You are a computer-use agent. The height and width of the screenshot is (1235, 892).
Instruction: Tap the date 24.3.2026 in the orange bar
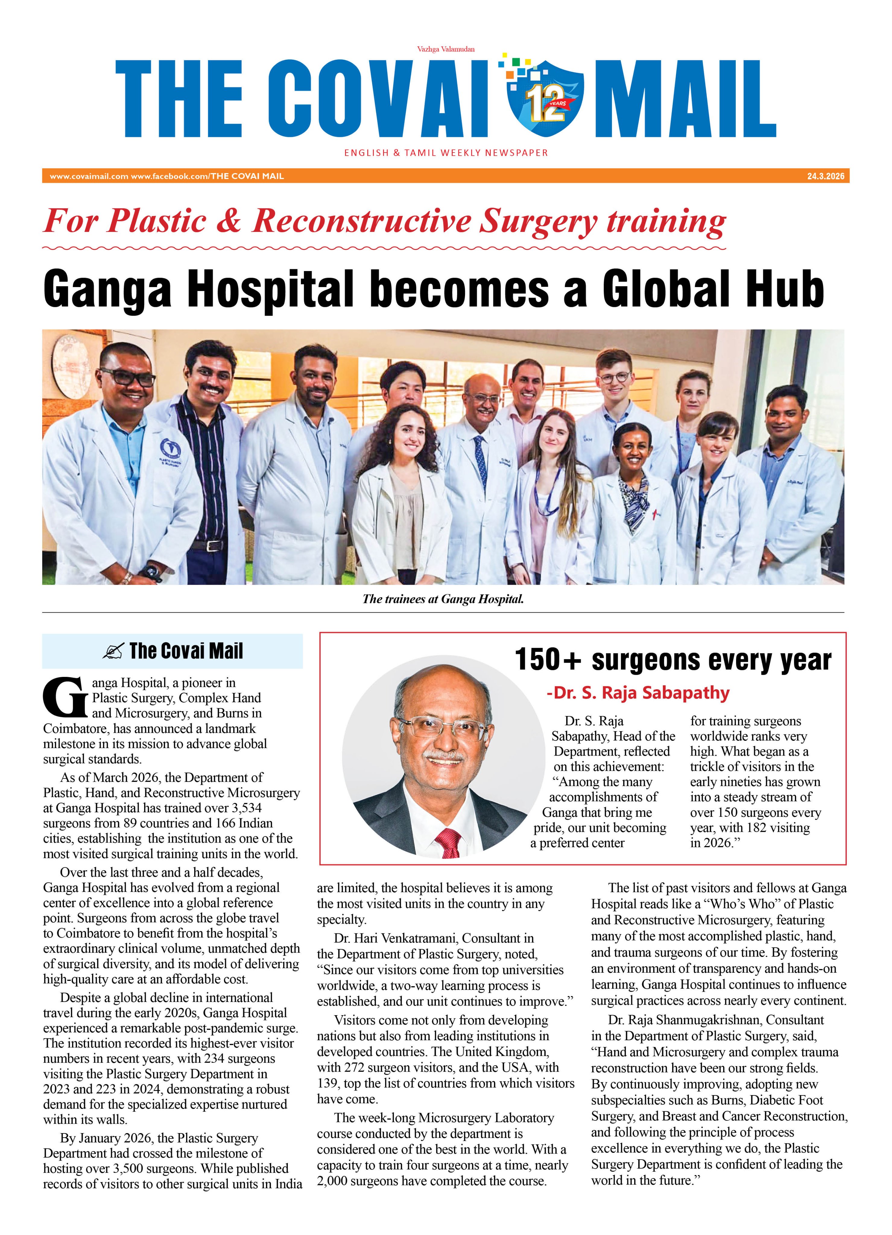coord(826,176)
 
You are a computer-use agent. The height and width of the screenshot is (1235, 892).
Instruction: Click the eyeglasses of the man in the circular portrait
coord(442,727)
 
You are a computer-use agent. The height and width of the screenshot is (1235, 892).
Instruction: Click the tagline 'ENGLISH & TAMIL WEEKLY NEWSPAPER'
coord(445,153)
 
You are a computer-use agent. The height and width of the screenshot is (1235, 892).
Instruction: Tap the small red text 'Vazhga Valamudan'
coord(445,49)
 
